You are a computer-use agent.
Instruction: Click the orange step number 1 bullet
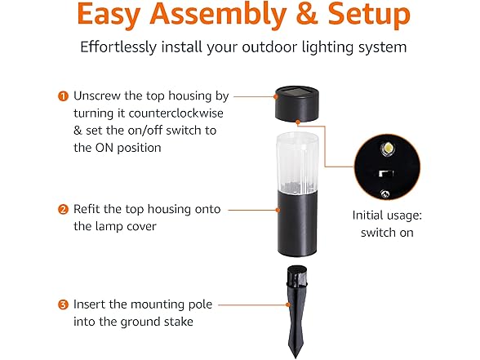click(63, 96)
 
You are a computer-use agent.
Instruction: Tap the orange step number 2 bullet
click(63, 210)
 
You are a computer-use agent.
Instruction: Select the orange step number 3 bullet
click(63, 305)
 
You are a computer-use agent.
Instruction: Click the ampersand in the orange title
click(307, 15)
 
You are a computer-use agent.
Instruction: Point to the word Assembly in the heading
click(218, 16)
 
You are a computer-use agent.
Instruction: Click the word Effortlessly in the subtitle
click(118, 47)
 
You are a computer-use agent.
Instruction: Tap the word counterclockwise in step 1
click(176, 113)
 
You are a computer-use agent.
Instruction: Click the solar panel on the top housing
click(296, 91)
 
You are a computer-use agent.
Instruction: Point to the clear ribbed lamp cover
click(297, 162)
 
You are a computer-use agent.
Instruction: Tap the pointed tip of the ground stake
click(296, 358)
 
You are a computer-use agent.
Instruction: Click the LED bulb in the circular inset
click(387, 148)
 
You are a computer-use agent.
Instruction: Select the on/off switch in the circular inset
click(385, 174)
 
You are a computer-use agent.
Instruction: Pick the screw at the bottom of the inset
click(384, 193)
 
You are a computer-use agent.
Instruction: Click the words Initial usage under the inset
click(387, 216)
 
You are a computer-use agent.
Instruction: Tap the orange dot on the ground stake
click(287, 304)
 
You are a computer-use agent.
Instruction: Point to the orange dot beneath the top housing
click(298, 122)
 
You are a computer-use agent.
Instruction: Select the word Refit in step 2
click(87, 209)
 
